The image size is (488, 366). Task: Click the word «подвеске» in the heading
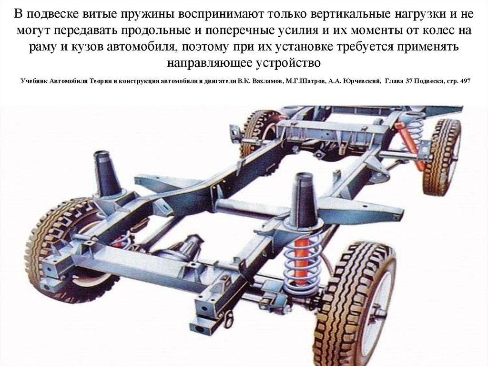[54, 14]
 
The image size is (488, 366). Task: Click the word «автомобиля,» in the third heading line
[142, 47]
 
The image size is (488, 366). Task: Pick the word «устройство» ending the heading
[288, 63]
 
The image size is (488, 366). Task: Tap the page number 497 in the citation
[465, 81]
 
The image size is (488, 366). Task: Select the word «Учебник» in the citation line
[34, 81]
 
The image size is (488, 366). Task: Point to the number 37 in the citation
[409, 81]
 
